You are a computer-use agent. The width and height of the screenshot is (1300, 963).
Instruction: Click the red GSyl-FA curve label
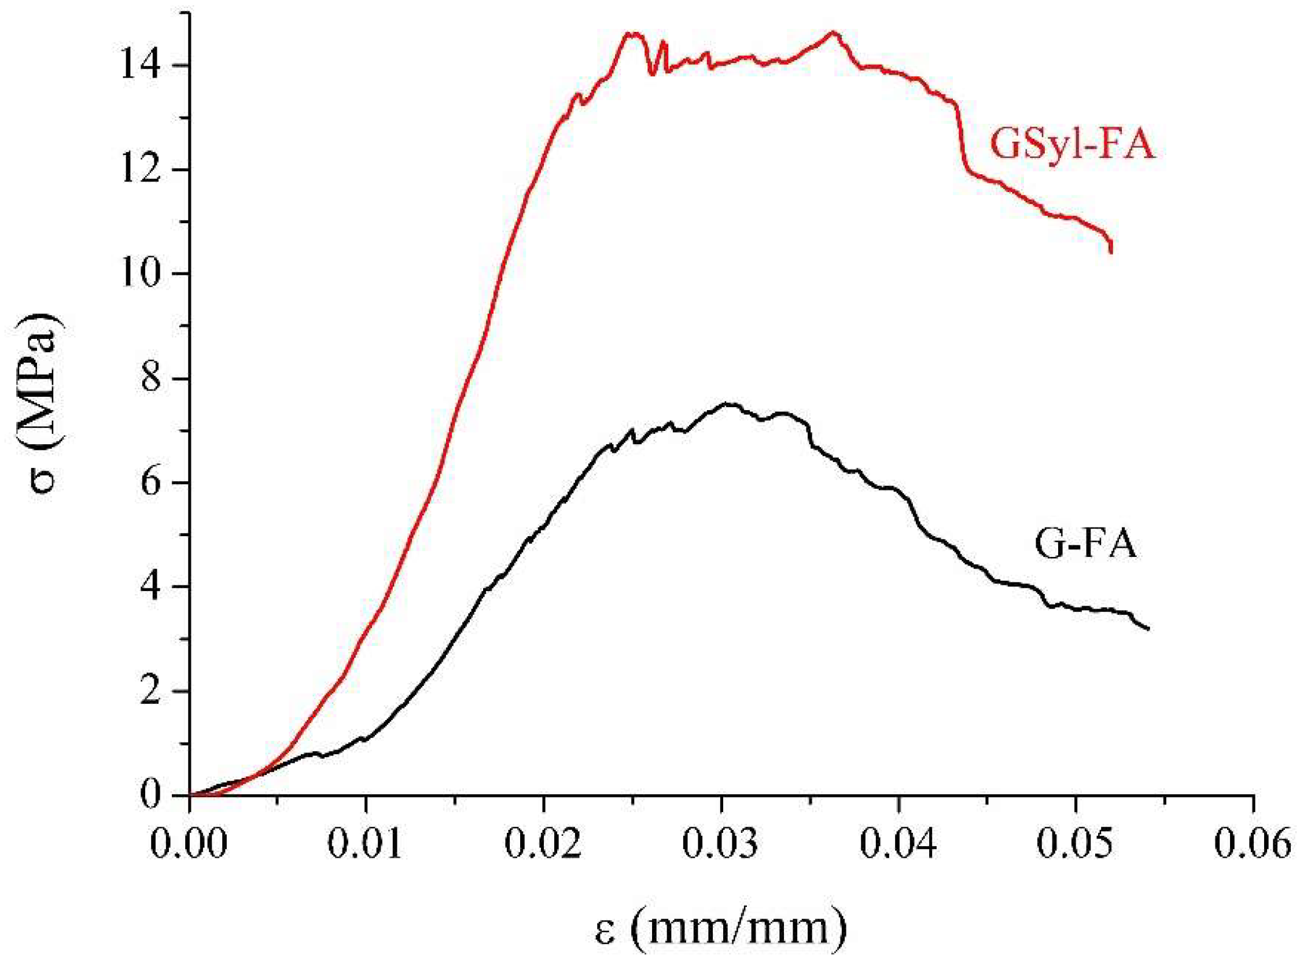pos(1072,145)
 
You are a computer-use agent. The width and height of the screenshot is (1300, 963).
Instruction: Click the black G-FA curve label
pos(1085,544)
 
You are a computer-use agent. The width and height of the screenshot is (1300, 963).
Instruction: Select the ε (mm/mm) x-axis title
pos(721,931)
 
